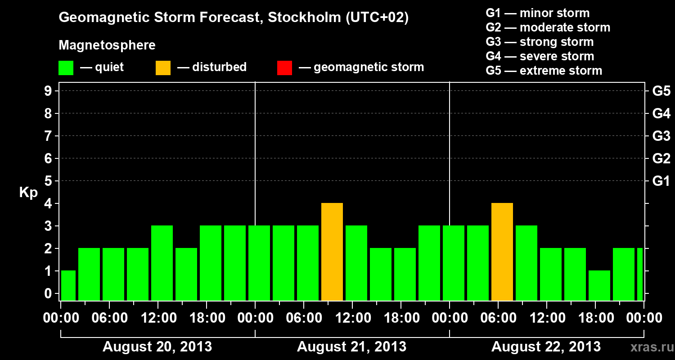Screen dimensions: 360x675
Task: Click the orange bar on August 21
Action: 332,252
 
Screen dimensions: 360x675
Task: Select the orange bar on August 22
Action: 502,252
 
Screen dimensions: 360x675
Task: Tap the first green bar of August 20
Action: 68,286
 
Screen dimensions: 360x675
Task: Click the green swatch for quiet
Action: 66,68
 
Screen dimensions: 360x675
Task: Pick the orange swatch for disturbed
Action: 163,68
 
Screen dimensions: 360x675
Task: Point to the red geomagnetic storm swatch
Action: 284,68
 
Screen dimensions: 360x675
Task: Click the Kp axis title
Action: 28,193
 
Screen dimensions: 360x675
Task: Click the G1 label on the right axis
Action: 661,181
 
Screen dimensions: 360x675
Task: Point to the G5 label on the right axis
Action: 661,91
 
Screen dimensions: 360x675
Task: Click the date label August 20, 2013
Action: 157,347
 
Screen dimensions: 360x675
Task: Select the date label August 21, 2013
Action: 352,347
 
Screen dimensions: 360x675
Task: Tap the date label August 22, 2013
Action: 546,347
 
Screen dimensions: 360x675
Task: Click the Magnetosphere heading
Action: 107,45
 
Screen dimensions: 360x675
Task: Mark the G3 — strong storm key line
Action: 540,42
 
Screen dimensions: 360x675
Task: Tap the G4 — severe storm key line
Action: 540,56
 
